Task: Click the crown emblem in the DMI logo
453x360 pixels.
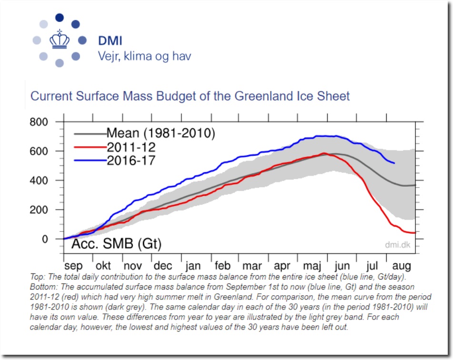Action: click(59, 40)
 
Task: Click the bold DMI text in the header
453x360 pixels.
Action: click(110, 40)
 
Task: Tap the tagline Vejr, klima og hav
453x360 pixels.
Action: click(144, 56)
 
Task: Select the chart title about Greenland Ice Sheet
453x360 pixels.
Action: click(190, 96)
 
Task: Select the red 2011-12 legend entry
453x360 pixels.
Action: click(131, 147)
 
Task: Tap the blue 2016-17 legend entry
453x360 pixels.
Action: click(131, 160)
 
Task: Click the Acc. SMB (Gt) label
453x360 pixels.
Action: click(116, 245)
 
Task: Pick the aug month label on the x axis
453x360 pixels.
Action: click(400, 265)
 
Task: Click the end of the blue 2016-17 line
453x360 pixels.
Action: click(394, 163)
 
